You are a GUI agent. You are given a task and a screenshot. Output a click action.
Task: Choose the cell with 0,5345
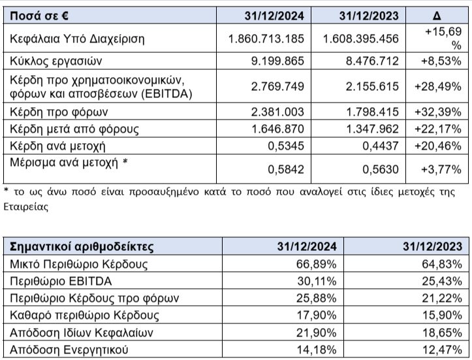[287, 145]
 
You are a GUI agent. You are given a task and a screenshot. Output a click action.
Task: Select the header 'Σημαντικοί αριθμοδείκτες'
[79, 247]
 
